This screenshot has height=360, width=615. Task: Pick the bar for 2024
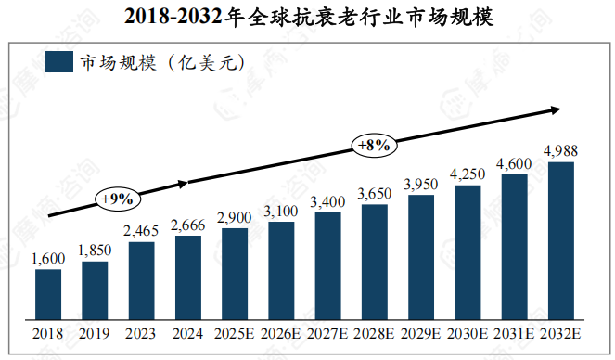click(x=188, y=276)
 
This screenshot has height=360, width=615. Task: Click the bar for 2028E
click(x=375, y=260)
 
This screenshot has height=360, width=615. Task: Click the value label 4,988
click(x=561, y=150)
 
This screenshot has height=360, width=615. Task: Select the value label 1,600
click(x=48, y=259)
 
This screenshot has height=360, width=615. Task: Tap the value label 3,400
click(x=327, y=201)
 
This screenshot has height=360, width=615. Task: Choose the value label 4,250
click(x=468, y=174)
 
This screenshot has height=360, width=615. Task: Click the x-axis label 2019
click(x=95, y=332)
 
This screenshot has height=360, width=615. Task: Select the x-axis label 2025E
click(x=235, y=332)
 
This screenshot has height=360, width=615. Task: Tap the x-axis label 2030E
click(x=468, y=332)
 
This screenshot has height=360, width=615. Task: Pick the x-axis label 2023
click(x=141, y=332)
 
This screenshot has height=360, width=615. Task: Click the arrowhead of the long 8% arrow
click(x=556, y=109)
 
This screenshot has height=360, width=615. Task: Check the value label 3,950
click(x=421, y=184)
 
